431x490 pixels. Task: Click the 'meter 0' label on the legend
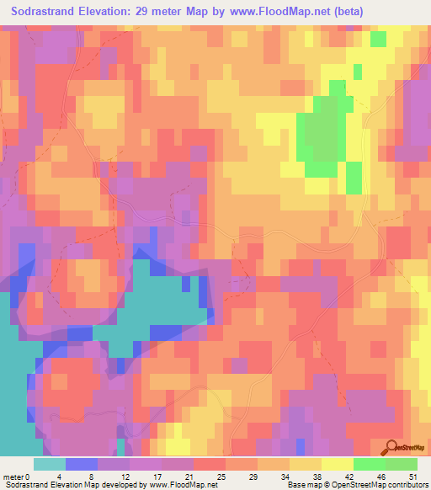coord(16,477)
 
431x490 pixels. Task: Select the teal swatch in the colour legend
coord(49,464)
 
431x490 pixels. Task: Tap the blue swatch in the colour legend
coord(81,464)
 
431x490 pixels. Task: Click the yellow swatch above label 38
coord(305,464)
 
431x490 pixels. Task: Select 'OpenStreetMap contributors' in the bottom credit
coord(380,485)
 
